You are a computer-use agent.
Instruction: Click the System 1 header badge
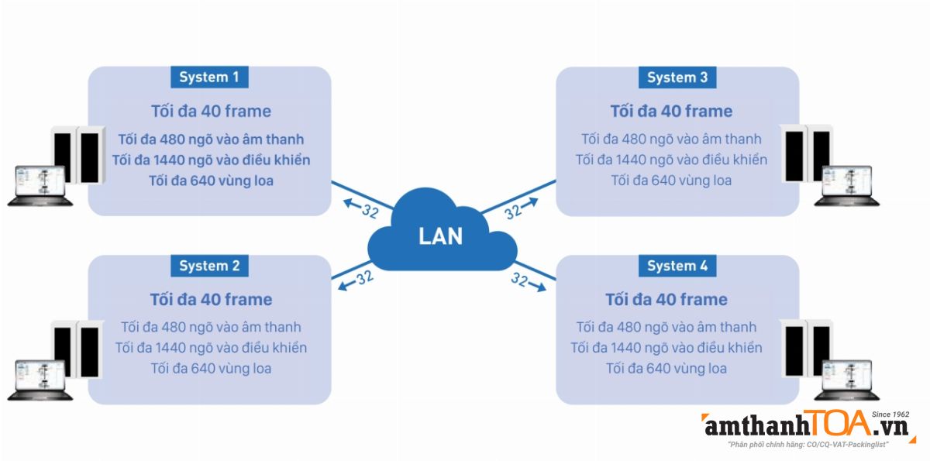pyautogui.click(x=209, y=77)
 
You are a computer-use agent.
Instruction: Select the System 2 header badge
pyautogui.click(x=209, y=266)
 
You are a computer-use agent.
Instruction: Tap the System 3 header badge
pyautogui.click(x=677, y=77)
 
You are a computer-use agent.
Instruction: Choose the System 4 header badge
pyautogui.click(x=677, y=266)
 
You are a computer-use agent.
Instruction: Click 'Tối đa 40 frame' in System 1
pyautogui.click(x=211, y=111)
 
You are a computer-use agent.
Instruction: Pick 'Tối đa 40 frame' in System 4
pyautogui.click(x=666, y=299)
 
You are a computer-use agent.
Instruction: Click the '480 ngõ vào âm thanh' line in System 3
pyautogui.click(x=671, y=139)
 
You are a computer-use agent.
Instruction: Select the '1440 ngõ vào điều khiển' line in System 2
pyautogui.click(x=211, y=347)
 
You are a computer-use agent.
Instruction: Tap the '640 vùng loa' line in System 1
pyautogui.click(x=211, y=181)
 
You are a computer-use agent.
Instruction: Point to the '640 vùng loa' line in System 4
pyautogui.click(x=666, y=368)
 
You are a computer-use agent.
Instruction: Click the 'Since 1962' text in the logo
pyautogui.click(x=889, y=415)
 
